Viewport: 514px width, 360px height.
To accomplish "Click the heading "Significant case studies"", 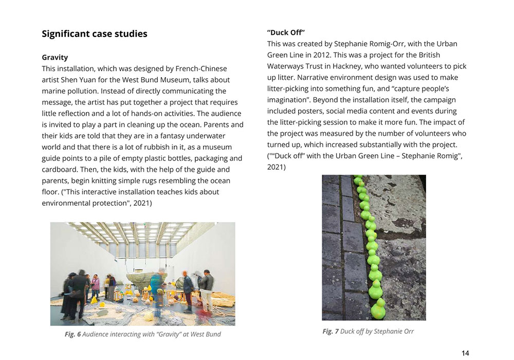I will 95,34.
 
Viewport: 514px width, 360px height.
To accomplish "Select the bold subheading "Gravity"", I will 54,57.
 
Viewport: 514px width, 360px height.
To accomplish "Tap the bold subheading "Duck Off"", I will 286,32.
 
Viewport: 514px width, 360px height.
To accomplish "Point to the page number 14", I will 465,353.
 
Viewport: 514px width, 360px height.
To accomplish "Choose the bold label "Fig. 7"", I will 331,331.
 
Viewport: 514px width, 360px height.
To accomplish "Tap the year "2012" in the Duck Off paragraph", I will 326,55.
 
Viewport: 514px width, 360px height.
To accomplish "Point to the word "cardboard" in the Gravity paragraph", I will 59,169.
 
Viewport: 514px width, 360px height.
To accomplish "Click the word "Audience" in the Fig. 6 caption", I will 98,334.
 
